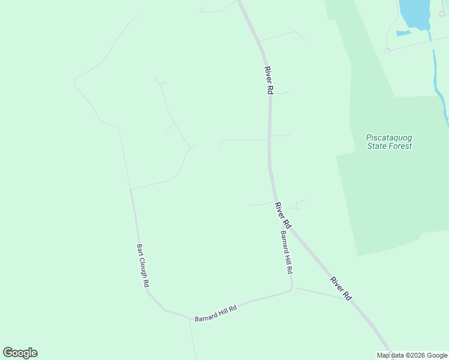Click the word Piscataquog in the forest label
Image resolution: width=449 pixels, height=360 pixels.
coord(389,137)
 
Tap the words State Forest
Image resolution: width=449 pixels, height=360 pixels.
coord(389,146)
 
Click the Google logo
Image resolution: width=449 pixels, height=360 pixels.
coord(20,353)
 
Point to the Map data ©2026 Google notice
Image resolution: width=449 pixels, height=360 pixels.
coord(412,355)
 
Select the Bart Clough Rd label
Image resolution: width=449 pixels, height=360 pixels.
coord(142,265)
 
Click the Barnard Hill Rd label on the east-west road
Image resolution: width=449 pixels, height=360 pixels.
coord(215,313)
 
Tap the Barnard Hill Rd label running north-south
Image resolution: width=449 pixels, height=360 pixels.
coord(286,253)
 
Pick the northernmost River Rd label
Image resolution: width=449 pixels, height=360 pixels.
coord(268,80)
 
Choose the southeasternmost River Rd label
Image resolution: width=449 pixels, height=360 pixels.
coord(340,288)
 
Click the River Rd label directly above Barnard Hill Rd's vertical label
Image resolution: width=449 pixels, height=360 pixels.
coord(283,215)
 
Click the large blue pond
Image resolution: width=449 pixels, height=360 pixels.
coord(415,13)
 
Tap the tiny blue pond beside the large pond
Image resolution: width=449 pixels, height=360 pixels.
coord(403,32)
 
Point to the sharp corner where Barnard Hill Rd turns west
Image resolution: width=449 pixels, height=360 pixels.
coord(292,289)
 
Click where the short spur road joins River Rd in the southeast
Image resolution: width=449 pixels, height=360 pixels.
coord(346,298)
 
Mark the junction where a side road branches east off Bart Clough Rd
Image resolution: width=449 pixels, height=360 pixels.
coord(131,189)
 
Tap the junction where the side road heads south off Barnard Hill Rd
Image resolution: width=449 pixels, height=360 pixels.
coord(190,318)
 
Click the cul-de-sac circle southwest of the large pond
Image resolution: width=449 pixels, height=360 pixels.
coord(387,51)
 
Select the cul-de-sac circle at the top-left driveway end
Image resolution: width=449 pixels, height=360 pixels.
coord(201,10)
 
